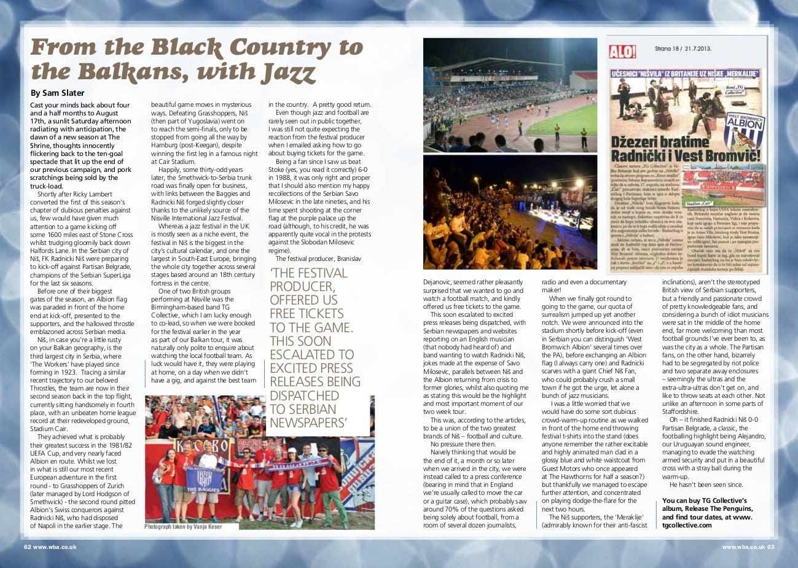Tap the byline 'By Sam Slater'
coord(58,93)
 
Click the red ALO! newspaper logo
coord(622,53)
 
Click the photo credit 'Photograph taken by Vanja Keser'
coord(183,527)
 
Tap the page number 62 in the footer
coord(27,547)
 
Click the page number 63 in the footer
coord(770,547)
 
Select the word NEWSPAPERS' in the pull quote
coord(303,422)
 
